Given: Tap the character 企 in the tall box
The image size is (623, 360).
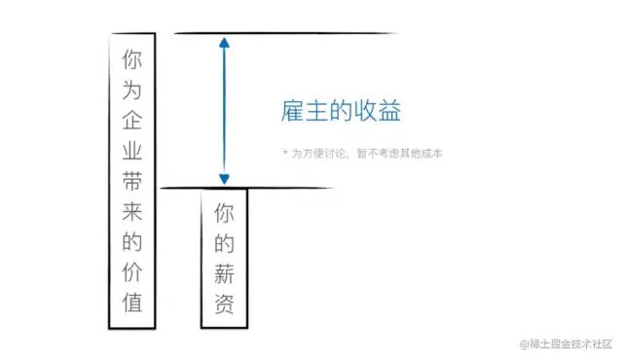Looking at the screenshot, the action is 132,120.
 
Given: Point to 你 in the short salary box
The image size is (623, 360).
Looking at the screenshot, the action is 224,211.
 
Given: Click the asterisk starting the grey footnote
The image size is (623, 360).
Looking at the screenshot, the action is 284,154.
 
